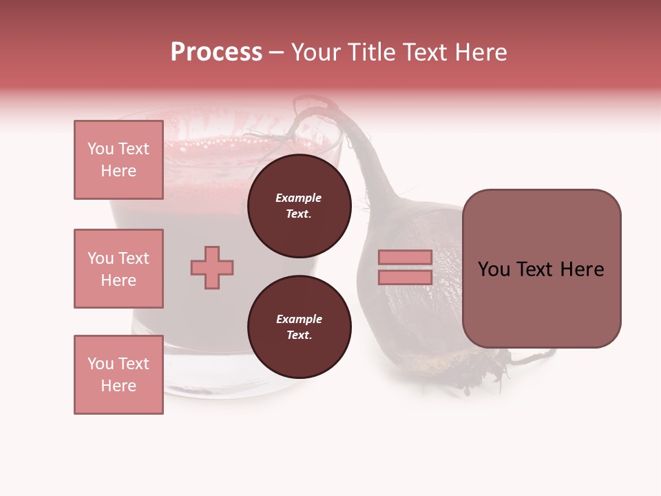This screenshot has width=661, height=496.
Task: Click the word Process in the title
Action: coord(216,52)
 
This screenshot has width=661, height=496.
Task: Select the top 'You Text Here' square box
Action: coord(118,160)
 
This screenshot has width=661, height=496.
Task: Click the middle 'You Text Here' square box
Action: coord(118,269)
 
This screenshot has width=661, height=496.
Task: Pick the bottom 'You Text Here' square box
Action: coord(118,375)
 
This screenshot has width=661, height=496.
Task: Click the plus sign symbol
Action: coord(212,267)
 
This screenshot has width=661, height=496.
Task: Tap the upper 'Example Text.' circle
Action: coord(299,206)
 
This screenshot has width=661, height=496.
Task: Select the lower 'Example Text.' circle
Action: coord(299,327)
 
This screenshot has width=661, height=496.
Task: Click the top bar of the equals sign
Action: coord(405,257)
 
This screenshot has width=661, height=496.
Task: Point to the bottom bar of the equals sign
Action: coord(405,277)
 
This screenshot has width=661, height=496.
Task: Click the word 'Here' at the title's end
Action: coord(480,52)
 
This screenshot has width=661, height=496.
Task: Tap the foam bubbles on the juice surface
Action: coord(227,144)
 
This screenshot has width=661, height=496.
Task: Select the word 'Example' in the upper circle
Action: coord(299,198)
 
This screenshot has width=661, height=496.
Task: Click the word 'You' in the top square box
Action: coord(101,149)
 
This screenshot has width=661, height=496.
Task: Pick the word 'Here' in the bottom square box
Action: coord(118,386)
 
